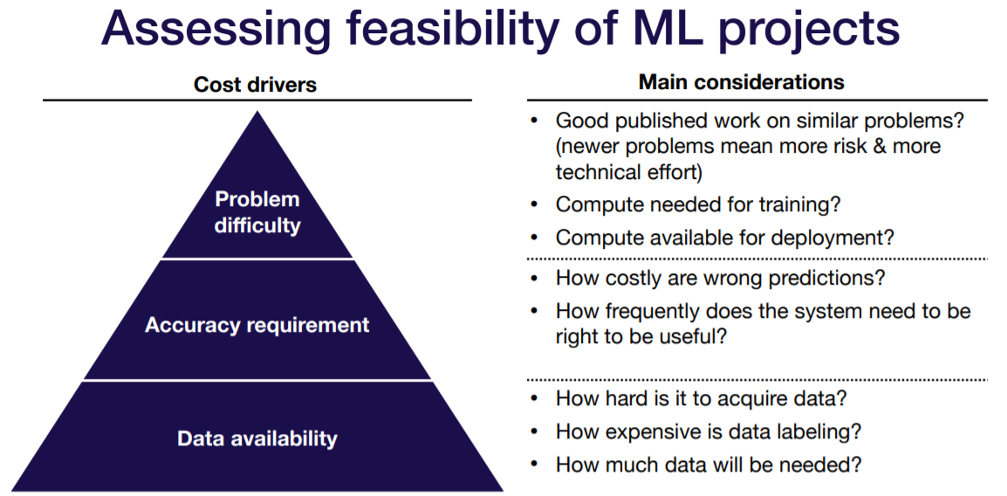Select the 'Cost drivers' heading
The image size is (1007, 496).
[255, 85]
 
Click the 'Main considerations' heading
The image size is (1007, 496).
[742, 82]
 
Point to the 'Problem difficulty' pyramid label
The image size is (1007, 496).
[257, 212]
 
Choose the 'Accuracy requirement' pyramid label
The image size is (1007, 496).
[257, 325]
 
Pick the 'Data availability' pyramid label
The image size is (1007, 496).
[257, 437]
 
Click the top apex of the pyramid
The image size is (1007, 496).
[257, 114]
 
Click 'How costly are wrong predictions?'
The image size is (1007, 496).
[720, 278]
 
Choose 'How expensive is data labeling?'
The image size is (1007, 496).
[709, 431]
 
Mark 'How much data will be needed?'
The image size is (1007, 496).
[709, 465]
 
